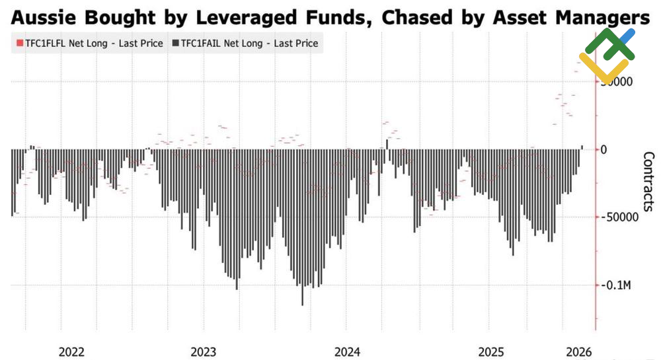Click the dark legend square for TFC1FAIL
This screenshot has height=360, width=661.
(x=175, y=44)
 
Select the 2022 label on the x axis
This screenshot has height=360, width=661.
(x=71, y=351)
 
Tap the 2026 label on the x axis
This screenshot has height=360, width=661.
(x=579, y=351)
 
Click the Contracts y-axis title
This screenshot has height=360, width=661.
(x=648, y=182)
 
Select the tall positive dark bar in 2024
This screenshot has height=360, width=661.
(x=387, y=144)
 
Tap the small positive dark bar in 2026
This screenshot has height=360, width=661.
(x=582, y=147)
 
